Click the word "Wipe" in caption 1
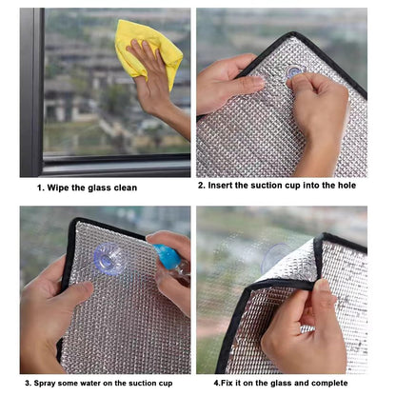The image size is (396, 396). click(x=58, y=188)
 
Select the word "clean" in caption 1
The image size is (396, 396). click(x=126, y=188)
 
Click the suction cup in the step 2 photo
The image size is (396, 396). click(x=295, y=72)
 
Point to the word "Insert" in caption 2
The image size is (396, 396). click(x=220, y=185)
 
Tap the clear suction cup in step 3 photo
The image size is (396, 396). click(x=110, y=259)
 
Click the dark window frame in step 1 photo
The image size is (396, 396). click(x=31, y=92)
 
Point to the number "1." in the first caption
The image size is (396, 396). click(x=41, y=188)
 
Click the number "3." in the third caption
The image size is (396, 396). click(x=29, y=383)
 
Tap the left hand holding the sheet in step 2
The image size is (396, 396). click(x=228, y=83)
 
